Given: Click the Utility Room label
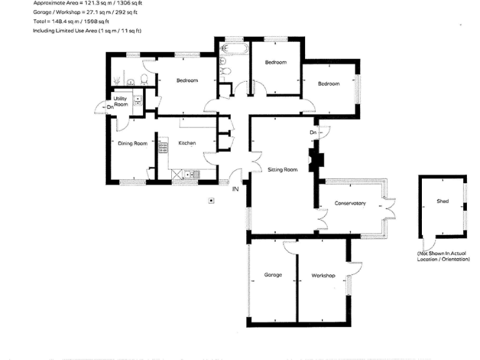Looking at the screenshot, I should pos(121,101).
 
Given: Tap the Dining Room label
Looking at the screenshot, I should pos(132,143).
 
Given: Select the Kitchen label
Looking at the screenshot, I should pos(187,143).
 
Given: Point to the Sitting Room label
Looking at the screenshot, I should pos(282,169).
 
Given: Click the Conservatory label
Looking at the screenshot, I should pos(350,203).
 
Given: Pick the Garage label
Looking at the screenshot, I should pos(272,275).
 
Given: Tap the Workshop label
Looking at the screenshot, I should pos(324,276).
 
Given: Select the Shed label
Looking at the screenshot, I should pos(443,201).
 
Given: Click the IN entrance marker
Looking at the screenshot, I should pos(236,189).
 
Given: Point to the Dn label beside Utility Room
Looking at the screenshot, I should pos(109,107).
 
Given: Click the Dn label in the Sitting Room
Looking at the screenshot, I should pos(312,132).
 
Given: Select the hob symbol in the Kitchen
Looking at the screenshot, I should pos(163,148).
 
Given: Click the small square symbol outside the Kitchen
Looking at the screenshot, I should pos(211,201).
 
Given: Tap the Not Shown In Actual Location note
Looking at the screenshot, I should pos(443,256).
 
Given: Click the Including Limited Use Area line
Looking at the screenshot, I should pos(87,30).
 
